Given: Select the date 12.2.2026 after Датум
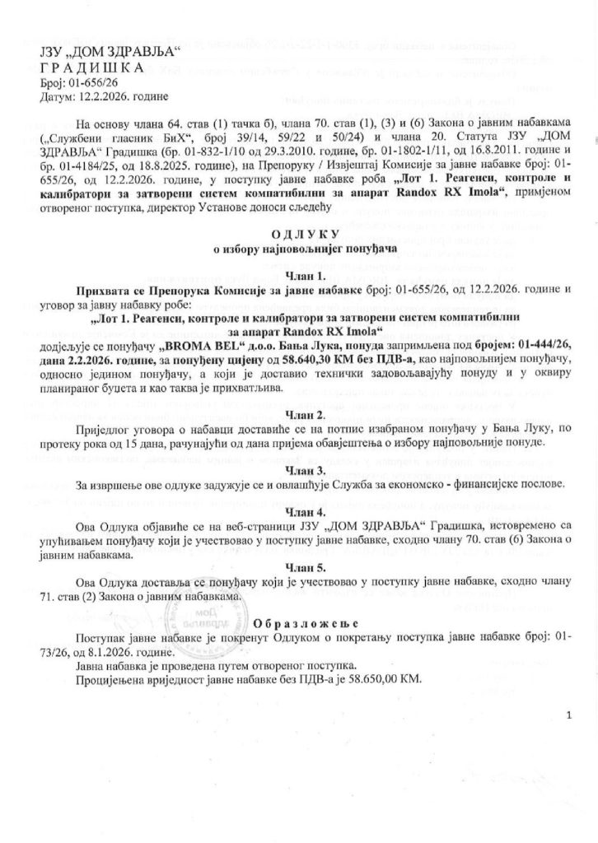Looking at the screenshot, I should click(x=100, y=98).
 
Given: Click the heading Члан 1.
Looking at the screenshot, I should click(x=298, y=276).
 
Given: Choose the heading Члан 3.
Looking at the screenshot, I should click(x=298, y=469).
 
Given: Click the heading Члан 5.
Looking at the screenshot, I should click(x=298, y=567).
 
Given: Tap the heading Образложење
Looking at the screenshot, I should click(x=297, y=622).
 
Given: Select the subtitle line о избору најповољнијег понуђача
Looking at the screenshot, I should click(x=298, y=246).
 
